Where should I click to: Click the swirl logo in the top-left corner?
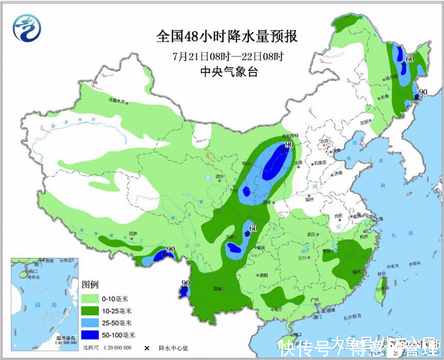(x=27, y=27)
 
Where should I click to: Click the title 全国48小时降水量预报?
(x=227, y=37)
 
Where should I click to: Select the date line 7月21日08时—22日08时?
(x=228, y=55)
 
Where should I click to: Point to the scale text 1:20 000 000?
(x=117, y=348)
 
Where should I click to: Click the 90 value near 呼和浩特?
(x=289, y=145)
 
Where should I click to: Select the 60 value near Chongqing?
(x=253, y=228)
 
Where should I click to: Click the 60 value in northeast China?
(x=410, y=59)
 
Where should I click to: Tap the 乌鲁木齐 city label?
(x=117, y=100)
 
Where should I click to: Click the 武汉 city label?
(x=311, y=234)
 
